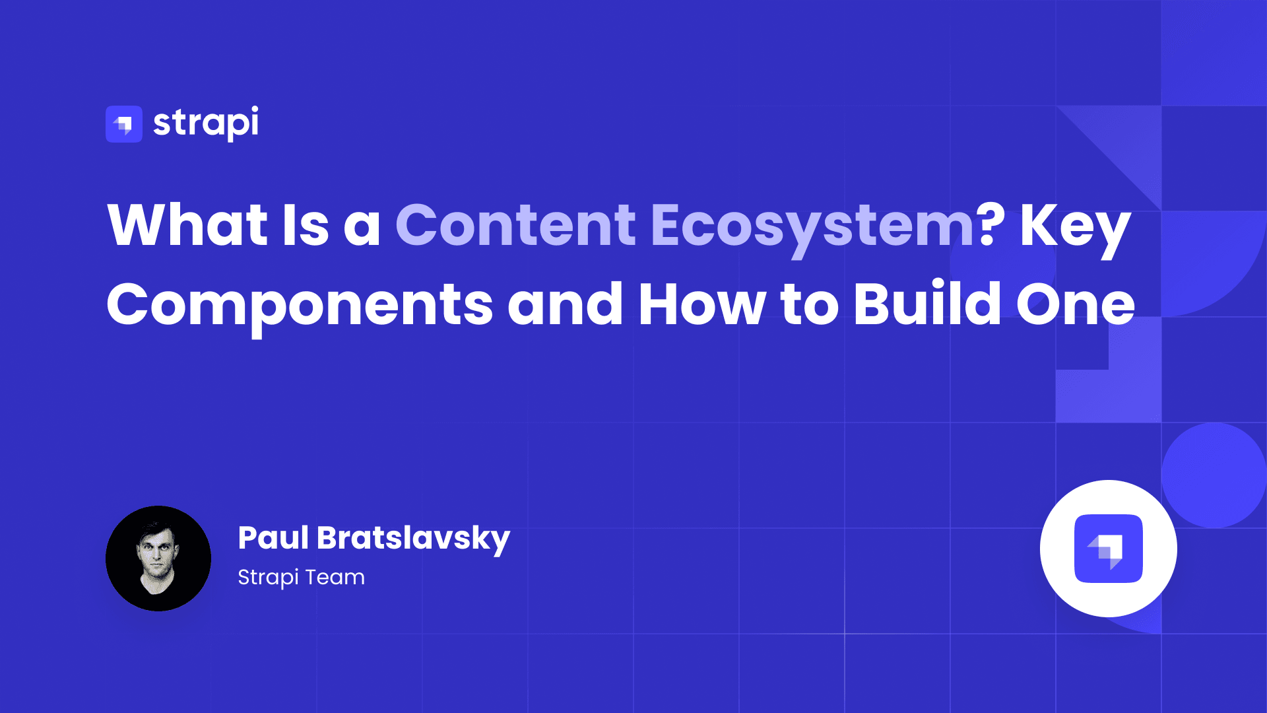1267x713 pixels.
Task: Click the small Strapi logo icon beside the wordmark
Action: (x=124, y=124)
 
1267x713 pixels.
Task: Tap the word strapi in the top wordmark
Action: (x=206, y=123)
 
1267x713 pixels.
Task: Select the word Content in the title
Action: (x=515, y=225)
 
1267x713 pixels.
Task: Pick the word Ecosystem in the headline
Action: (x=812, y=226)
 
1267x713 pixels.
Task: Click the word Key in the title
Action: (x=1076, y=226)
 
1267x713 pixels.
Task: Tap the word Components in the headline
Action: (x=300, y=305)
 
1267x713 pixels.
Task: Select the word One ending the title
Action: (x=1075, y=304)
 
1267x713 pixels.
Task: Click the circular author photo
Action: (x=158, y=559)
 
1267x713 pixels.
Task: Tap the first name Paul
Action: (x=273, y=537)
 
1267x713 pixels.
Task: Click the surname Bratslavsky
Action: (x=413, y=539)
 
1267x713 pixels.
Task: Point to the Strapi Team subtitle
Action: (x=301, y=577)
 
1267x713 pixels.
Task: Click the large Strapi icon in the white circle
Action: (x=1109, y=549)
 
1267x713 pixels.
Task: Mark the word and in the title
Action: (x=565, y=304)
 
